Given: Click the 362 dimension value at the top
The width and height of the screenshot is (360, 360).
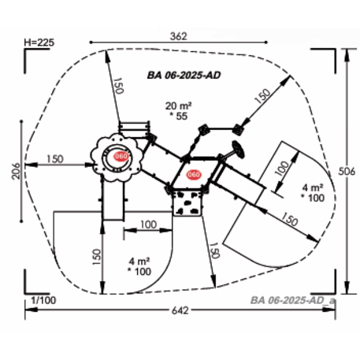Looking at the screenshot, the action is (178, 36).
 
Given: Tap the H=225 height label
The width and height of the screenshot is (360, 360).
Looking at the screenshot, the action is (39, 43).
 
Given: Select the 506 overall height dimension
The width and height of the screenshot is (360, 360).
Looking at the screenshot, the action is (347, 171).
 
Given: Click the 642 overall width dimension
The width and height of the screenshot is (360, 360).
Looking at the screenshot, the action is (180, 310).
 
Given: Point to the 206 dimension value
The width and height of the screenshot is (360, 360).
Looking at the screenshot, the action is (16, 171).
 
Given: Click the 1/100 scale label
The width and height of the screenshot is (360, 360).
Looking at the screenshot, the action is (43, 300).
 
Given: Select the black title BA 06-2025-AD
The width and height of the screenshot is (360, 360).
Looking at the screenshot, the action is (184, 76).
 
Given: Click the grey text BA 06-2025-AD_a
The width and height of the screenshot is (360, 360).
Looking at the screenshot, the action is (293, 300).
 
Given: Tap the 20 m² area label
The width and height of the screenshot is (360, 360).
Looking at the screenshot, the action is (178, 106).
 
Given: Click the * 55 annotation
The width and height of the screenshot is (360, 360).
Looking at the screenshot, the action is (179, 116).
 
